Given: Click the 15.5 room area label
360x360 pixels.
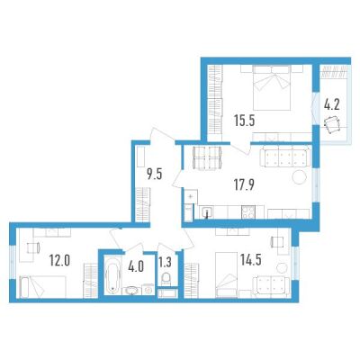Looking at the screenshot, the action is [245, 121].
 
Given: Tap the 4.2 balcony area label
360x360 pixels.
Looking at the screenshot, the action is [331, 105].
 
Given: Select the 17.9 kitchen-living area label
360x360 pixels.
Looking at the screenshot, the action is [244, 184].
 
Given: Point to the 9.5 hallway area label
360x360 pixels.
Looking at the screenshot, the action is [154, 174].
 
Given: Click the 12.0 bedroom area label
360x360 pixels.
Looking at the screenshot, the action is [59, 261].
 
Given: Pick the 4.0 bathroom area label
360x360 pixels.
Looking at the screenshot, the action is [136, 266].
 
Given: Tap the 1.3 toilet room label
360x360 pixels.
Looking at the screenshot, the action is [165, 263].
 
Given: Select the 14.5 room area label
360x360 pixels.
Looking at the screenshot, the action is [250, 260].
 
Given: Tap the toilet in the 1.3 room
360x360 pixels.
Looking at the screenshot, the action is [166, 280].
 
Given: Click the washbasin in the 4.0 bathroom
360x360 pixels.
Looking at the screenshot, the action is [131, 291].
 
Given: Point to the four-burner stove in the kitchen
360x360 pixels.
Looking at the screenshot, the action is [248, 211].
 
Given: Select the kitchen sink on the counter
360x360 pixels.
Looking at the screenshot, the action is [207, 211].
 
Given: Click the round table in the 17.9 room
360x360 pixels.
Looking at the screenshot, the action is [300, 177].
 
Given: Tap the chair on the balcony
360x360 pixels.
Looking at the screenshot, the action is [332, 125].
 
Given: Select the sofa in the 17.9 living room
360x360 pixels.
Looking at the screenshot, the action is [284, 157].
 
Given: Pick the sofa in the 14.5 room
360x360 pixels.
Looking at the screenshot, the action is [271, 284].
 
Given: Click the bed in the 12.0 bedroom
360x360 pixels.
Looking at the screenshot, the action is [42, 286].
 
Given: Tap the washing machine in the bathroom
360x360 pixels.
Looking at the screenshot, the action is [148, 290].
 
